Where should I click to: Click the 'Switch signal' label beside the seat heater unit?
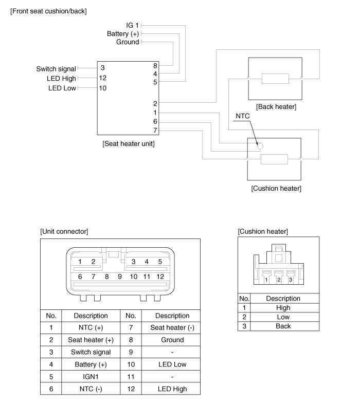click(x=56, y=69)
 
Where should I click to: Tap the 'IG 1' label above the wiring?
click(x=132, y=25)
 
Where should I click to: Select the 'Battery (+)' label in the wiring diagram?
click(x=123, y=33)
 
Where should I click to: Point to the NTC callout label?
click(x=242, y=116)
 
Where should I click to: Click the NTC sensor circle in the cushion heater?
click(x=260, y=146)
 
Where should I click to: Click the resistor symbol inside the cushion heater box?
click(x=275, y=159)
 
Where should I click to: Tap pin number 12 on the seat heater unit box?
click(x=103, y=78)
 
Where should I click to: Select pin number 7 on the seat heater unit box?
click(x=155, y=131)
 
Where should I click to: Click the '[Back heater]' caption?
click(x=276, y=106)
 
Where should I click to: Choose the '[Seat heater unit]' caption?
click(x=129, y=144)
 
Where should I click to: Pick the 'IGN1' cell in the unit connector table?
click(x=91, y=377)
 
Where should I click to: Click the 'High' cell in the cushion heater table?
click(x=283, y=307)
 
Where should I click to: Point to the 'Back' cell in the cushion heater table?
click(x=283, y=326)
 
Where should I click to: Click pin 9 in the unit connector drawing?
click(x=119, y=276)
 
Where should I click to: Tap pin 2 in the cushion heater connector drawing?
click(x=279, y=280)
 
